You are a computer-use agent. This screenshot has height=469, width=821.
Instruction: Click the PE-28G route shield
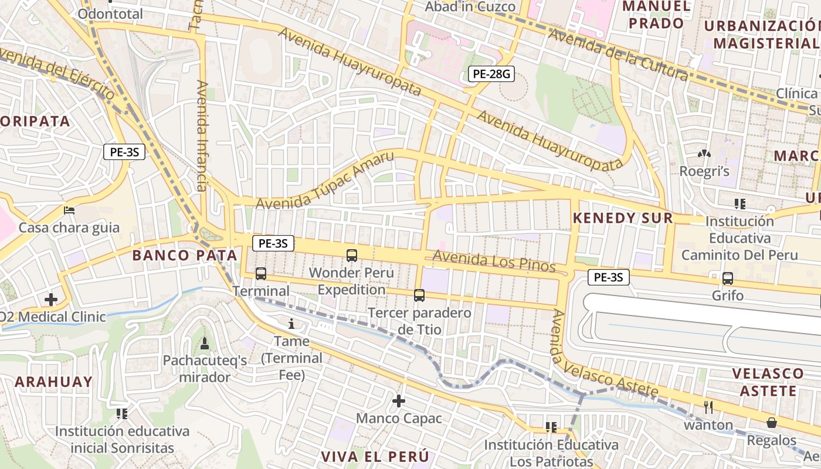point(491,74)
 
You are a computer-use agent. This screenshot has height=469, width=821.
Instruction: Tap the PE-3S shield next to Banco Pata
point(273,243)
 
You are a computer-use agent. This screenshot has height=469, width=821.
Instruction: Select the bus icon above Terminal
point(261,274)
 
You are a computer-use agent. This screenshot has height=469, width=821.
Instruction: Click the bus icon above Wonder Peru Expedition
point(352,256)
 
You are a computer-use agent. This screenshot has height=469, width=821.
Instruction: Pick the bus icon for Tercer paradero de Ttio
point(419,295)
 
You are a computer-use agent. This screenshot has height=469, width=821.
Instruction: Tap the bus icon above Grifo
point(728,278)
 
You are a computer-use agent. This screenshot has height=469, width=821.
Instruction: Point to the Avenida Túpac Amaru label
point(325,181)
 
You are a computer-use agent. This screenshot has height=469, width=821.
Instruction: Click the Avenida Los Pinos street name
point(494,261)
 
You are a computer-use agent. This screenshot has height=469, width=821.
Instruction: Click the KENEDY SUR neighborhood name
point(622,218)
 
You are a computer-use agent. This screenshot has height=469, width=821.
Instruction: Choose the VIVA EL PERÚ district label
point(375,456)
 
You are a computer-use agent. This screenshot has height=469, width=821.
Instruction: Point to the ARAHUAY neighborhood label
point(53,382)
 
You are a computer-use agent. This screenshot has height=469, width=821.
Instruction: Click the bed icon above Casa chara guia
point(69,210)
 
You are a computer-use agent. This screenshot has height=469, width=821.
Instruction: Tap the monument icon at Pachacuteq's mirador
point(205,343)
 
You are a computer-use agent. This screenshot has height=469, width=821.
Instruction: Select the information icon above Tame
point(291,324)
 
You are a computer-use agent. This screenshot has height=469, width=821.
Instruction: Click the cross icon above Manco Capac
point(399,401)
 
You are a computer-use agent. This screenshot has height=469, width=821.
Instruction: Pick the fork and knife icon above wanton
point(708,407)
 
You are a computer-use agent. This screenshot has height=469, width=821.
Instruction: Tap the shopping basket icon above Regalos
point(772,423)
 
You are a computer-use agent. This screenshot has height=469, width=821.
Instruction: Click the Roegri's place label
point(704,171)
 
